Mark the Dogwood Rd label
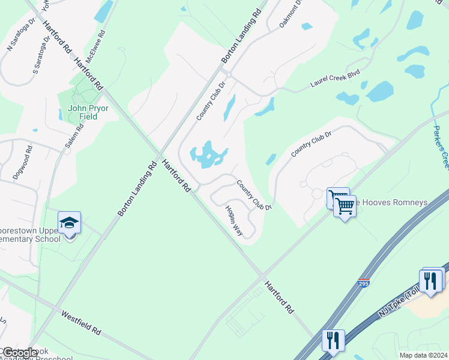point(22,161)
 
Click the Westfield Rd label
point(81,322)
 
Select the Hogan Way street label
point(234,220)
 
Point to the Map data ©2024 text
point(424,355)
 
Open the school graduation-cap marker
point(70,223)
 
